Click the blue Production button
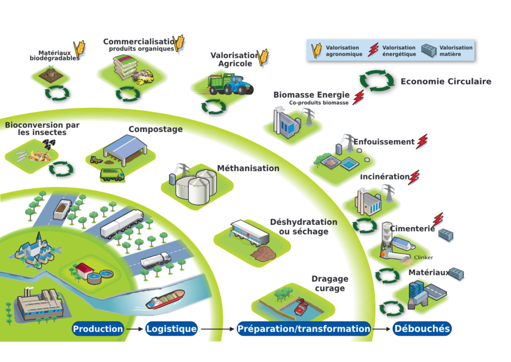(x=98, y=328)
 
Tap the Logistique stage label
(x=171, y=328)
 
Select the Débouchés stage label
(x=422, y=328)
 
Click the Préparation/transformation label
(x=304, y=328)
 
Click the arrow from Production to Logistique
(x=135, y=329)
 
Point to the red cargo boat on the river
(x=165, y=299)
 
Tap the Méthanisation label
(x=248, y=168)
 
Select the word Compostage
(x=155, y=129)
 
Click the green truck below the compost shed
(x=112, y=175)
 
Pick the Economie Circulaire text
(x=446, y=81)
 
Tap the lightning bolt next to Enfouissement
(x=422, y=142)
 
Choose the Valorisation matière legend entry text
(x=456, y=51)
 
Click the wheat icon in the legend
(x=316, y=51)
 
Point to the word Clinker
(x=423, y=257)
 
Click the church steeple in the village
(x=39, y=237)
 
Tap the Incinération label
(x=384, y=176)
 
